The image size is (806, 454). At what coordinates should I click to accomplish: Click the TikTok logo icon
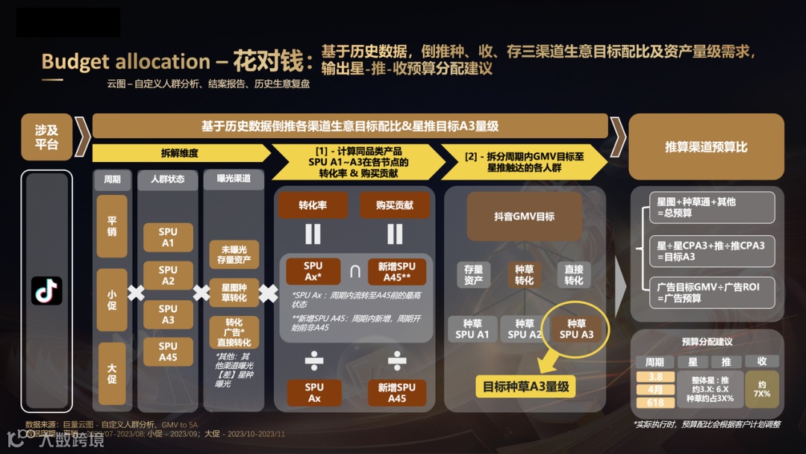click(x=46, y=290)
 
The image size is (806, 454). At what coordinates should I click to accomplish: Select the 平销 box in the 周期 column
click(x=112, y=226)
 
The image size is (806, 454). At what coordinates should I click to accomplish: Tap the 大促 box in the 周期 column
click(x=112, y=373)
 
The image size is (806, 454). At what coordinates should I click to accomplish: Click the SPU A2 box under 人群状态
click(x=168, y=276)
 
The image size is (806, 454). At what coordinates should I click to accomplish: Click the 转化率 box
click(x=313, y=205)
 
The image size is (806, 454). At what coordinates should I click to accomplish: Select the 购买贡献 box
click(x=395, y=205)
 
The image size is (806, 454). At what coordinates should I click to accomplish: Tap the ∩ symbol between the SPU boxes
click(x=354, y=270)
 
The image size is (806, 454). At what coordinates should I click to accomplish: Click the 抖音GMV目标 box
click(x=524, y=217)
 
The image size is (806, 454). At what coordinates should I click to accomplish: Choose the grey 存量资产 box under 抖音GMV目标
click(x=473, y=275)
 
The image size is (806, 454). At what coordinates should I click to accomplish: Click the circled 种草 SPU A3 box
click(x=576, y=329)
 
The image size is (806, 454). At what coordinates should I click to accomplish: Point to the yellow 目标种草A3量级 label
click(x=525, y=387)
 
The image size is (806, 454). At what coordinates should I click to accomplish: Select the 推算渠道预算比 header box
click(x=705, y=147)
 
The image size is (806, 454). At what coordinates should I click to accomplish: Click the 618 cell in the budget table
click(x=655, y=402)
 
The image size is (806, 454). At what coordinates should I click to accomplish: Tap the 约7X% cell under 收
click(x=761, y=389)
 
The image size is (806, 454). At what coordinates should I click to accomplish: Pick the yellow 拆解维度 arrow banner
click(x=180, y=153)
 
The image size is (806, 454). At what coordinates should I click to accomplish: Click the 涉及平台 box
click(x=46, y=137)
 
